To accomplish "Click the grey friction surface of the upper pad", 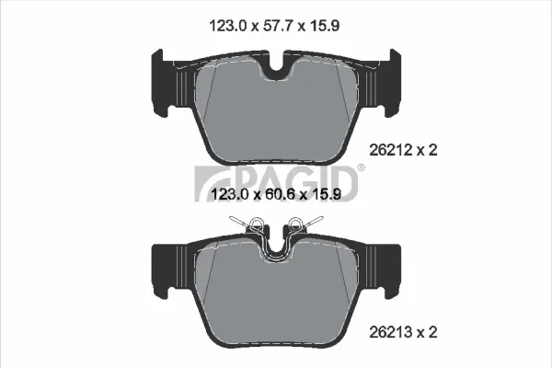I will click(x=276, y=115).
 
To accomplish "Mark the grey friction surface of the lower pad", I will click(x=276, y=294).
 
